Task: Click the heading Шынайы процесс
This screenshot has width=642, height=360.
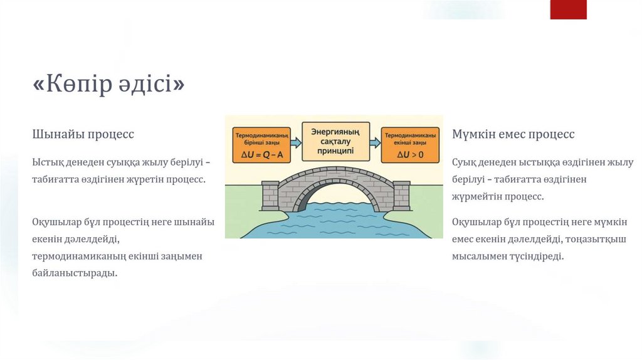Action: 83,134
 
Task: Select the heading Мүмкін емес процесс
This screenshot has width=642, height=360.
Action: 513,134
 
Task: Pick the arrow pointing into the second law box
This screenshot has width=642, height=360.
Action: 374,142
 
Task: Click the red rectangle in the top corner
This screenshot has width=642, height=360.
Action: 568,9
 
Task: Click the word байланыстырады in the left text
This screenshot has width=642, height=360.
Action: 75,273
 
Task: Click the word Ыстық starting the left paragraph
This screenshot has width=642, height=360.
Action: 46,163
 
